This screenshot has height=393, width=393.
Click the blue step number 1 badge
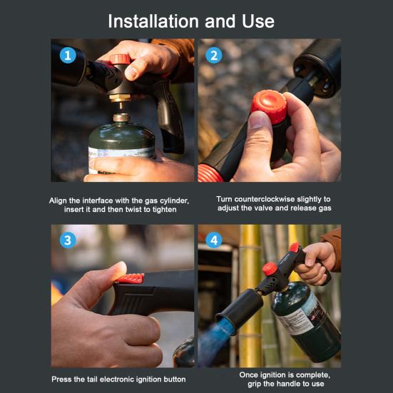coord(68,56)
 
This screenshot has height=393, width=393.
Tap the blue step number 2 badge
coord(213,56)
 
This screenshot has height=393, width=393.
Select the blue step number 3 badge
coord(68,240)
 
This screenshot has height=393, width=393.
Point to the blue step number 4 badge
coord(214,240)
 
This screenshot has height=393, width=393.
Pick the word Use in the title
coord(258,21)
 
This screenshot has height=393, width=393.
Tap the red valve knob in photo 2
coord(269,106)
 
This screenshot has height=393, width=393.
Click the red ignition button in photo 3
coord(131,278)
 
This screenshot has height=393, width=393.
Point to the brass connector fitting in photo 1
coord(120,98)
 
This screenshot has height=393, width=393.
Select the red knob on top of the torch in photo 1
coord(120,59)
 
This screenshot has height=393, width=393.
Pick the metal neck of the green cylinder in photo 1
coord(121,117)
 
